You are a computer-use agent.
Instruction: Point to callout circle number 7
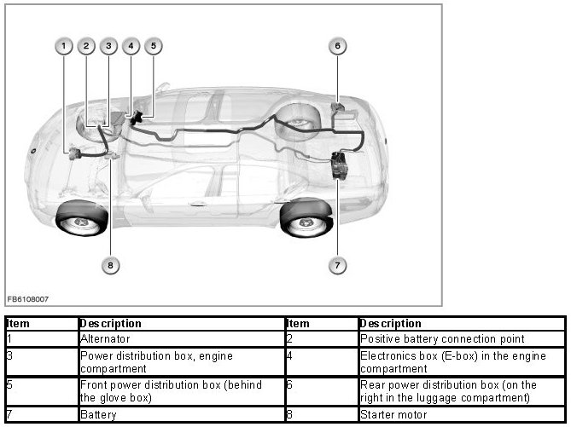click(337, 265)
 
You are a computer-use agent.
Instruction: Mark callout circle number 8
click(108, 265)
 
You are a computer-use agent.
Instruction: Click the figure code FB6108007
click(28, 299)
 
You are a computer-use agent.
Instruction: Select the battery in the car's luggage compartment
click(342, 164)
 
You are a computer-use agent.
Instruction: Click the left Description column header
click(111, 324)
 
